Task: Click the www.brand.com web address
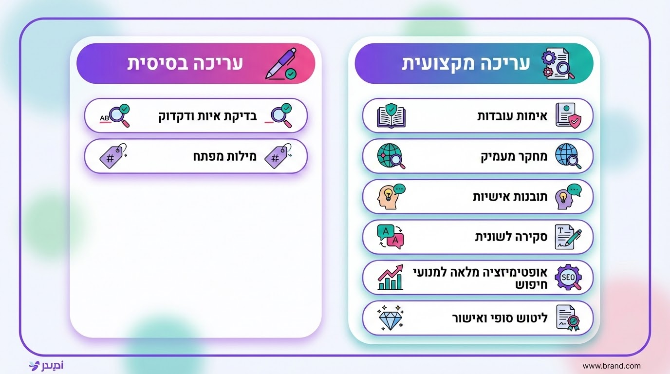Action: coord(611,366)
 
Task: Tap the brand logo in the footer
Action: coord(46,365)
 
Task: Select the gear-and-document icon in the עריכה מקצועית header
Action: coord(557,64)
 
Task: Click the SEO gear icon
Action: coord(568,278)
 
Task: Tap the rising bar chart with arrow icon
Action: coord(391,278)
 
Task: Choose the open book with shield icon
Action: coord(391,116)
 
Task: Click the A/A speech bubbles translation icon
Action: coord(391,237)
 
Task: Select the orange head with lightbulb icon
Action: coord(391,197)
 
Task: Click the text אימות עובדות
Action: coord(512,116)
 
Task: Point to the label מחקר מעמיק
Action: coord(514,156)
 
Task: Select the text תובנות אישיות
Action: coord(510,197)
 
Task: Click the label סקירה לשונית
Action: coord(511,237)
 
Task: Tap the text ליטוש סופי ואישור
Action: coord(500,318)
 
